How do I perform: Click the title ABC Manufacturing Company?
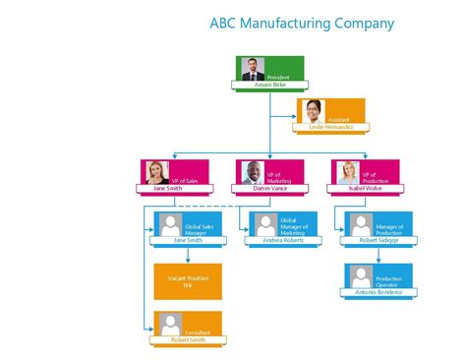click(302, 23)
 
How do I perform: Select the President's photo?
click(253, 69)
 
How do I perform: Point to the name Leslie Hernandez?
click(330, 127)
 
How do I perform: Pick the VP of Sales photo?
click(157, 172)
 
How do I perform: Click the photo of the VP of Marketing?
click(253, 172)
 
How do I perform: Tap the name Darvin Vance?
click(269, 188)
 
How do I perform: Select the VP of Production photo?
click(348, 172)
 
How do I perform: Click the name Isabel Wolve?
click(365, 188)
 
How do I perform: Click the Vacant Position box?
click(188, 280)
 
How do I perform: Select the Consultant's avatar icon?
click(171, 323)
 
